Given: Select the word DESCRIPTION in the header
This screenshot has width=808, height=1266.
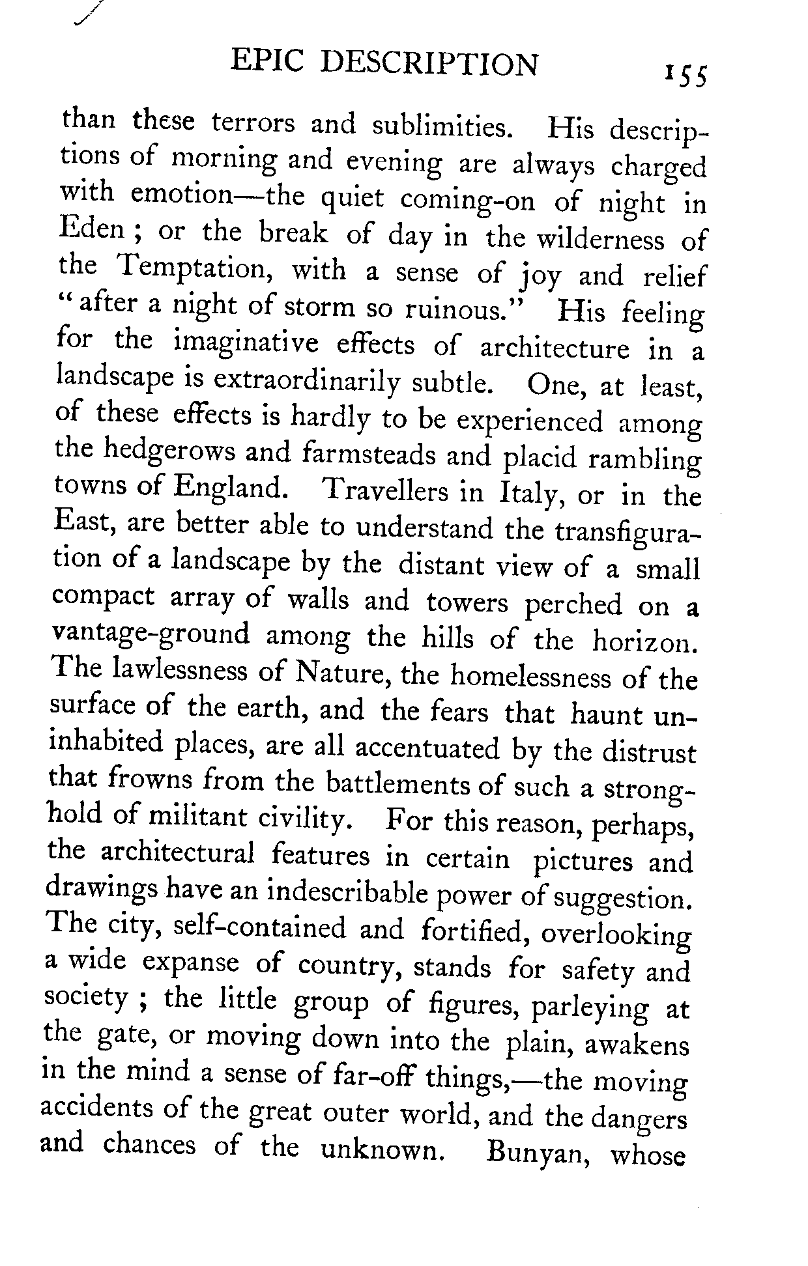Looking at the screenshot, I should [x=431, y=64].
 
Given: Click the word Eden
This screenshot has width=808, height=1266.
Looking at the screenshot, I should [x=92, y=230].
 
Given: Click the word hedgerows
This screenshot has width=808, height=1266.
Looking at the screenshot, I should [x=171, y=451].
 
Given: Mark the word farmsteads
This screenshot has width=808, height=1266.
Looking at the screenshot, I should [x=369, y=454].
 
